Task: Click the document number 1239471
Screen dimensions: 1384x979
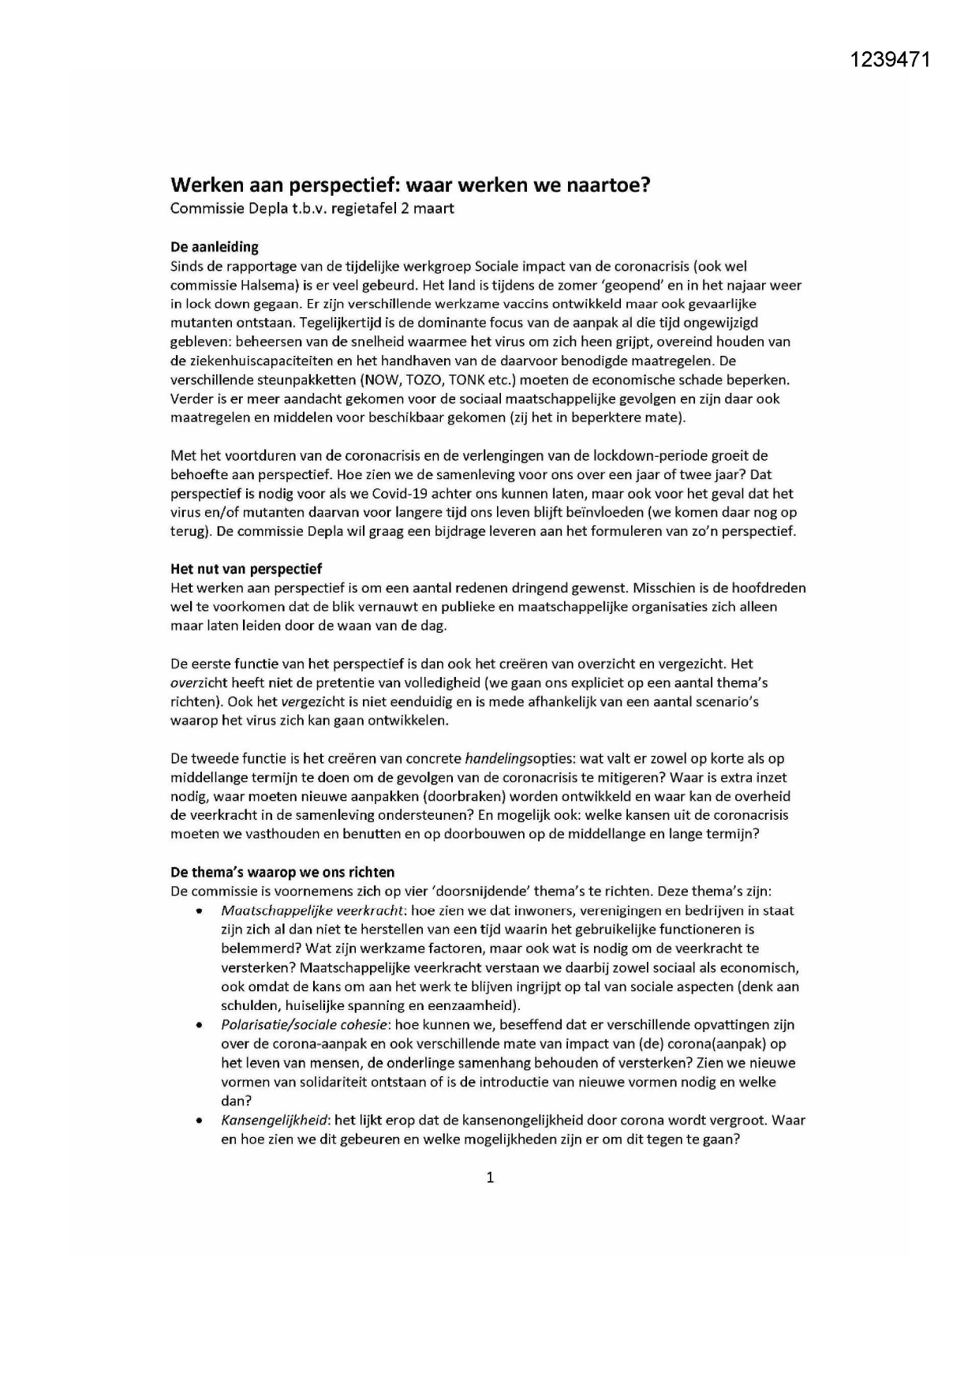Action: pos(891,60)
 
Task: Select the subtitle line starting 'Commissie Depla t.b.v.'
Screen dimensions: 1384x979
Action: pos(312,209)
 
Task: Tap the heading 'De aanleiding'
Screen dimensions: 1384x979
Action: pos(215,247)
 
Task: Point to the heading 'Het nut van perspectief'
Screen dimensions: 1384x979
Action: pos(246,569)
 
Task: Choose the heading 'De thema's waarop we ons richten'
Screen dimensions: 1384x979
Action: pos(282,872)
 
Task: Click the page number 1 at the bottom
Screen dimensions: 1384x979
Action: pos(490,1177)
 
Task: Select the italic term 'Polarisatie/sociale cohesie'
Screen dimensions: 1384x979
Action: pos(305,1025)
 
